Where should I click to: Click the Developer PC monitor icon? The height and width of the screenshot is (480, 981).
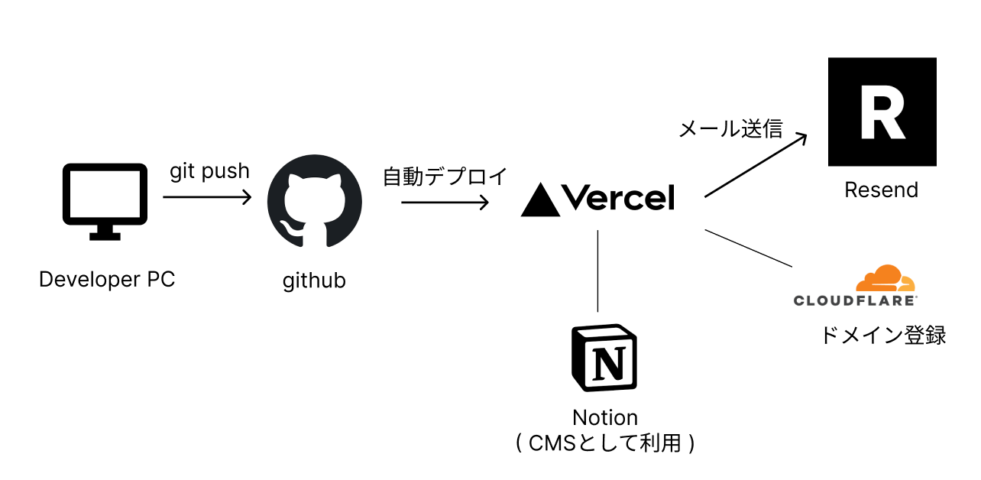coord(105,200)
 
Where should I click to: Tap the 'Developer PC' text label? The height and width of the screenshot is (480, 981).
coord(107,280)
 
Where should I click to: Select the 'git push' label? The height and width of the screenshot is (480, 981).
coord(209,171)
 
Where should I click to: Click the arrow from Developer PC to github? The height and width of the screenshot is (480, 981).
coord(207,197)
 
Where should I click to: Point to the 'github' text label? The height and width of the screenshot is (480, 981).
coord(314,281)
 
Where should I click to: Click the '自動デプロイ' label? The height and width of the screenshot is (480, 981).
coord(445,177)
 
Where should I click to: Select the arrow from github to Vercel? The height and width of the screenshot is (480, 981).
coord(445,203)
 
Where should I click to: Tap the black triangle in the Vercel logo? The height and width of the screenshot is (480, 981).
coord(540,200)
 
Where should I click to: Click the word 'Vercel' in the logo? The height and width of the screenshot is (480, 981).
coord(619,199)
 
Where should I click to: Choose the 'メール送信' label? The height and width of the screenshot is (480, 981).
coord(731,128)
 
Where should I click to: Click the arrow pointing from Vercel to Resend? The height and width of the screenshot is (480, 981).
coord(755,165)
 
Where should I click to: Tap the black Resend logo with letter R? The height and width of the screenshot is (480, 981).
coord(882,112)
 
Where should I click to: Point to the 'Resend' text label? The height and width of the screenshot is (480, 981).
coord(881,190)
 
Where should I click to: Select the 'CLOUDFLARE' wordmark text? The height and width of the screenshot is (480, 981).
coord(855,300)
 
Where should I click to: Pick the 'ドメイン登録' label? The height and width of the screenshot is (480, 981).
coord(882,335)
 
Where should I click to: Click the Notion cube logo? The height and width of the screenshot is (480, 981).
coord(604,359)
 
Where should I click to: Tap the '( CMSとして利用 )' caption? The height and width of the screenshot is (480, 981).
coord(604,443)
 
